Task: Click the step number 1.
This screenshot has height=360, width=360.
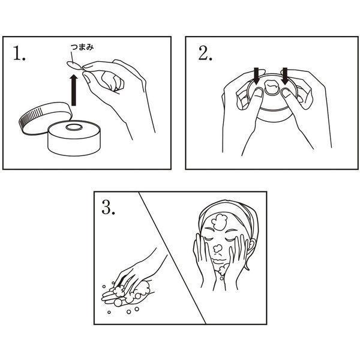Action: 19,53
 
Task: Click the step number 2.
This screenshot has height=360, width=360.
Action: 205,53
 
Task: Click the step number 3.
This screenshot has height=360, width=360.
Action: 108,208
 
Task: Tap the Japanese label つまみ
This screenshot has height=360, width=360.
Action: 82,47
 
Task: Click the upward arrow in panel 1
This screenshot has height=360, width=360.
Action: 73,89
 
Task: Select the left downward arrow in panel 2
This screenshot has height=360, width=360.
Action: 256,76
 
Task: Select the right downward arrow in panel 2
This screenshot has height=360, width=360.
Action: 285,76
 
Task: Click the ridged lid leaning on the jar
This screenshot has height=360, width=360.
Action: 45,118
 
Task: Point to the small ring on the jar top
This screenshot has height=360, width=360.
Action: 73,127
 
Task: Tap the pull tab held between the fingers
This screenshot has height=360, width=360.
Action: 74,65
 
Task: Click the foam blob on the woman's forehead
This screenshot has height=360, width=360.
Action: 219,222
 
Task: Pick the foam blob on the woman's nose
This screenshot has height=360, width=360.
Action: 217,248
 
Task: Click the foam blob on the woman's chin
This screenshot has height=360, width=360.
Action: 223,270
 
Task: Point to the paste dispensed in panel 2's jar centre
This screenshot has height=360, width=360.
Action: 272,86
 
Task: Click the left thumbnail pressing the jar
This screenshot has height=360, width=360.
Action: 258,92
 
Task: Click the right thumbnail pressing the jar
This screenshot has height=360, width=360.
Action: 287,93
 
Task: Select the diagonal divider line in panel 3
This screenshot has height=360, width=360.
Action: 172,257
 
